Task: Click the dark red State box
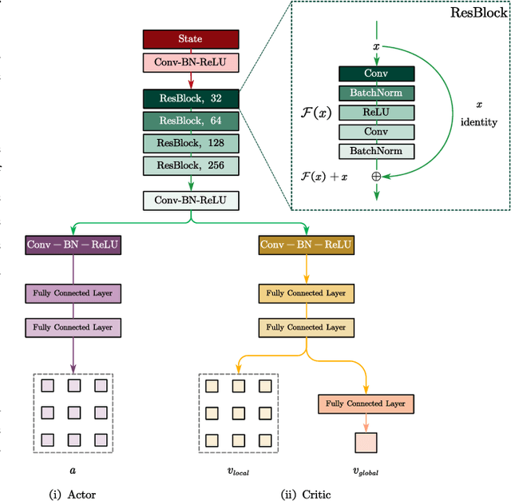click(x=190, y=38)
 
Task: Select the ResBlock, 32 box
click(x=190, y=98)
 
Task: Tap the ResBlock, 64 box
click(x=190, y=121)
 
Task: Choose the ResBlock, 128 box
click(x=190, y=143)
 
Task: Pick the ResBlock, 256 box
click(x=190, y=165)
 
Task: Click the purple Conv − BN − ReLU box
click(x=73, y=245)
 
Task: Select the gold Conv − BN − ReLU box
click(x=306, y=245)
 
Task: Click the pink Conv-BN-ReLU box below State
click(x=190, y=61)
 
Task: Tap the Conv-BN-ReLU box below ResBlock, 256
click(x=190, y=201)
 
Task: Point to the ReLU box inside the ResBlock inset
click(x=376, y=112)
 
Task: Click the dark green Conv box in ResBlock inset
click(x=376, y=74)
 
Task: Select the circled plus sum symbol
click(x=376, y=176)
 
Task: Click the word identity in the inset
click(x=479, y=122)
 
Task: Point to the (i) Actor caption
click(x=73, y=494)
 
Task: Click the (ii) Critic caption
click(x=306, y=494)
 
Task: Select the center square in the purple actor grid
click(x=73, y=413)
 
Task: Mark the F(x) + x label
click(x=323, y=176)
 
